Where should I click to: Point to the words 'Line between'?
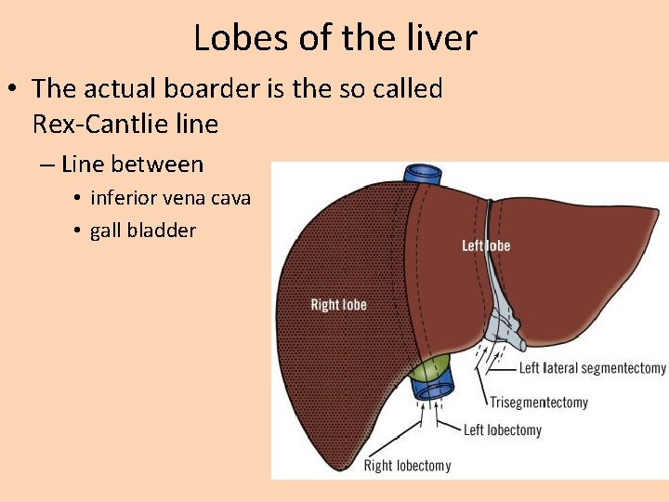tap(132, 165)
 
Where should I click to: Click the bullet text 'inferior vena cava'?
tap(170, 198)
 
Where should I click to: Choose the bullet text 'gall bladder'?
tap(143, 231)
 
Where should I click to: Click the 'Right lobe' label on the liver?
tap(338, 305)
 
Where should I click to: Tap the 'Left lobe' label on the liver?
tap(486, 245)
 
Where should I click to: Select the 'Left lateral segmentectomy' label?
tap(592, 368)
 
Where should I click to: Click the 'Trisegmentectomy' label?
tap(539, 403)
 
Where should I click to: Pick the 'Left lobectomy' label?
tap(502, 429)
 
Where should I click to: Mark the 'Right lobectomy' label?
tap(407, 466)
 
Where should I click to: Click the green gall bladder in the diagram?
tap(426, 369)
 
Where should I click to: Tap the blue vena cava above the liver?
tap(424, 176)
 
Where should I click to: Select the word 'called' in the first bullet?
tap(405, 89)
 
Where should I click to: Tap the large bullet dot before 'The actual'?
tap(13, 90)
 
